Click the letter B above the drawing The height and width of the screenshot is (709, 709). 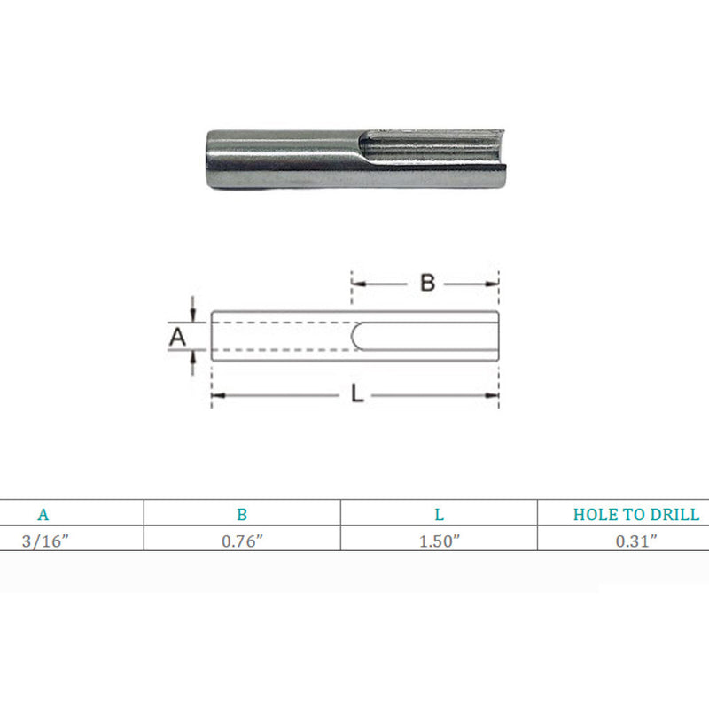427,283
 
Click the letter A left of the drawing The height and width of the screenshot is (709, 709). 177,338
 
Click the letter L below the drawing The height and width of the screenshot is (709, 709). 357,393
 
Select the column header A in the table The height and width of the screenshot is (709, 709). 43,515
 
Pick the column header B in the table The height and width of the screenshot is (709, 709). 242,515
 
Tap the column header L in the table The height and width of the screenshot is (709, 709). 439,515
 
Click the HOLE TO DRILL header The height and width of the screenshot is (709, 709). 636,515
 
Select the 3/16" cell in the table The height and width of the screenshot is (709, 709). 45,541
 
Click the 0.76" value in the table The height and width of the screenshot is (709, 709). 242,541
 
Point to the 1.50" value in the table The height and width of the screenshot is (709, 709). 439,541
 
